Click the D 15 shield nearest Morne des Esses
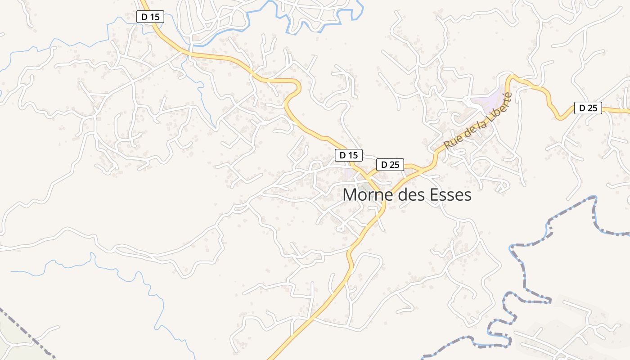tap(348, 155)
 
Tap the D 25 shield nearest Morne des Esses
tap(390, 165)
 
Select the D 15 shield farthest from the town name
tap(150, 17)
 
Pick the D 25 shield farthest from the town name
tap(588, 108)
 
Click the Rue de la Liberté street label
tap(478, 121)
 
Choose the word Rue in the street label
tap(451, 141)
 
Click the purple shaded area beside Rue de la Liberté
tap(488, 100)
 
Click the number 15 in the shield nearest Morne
tap(354, 155)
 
